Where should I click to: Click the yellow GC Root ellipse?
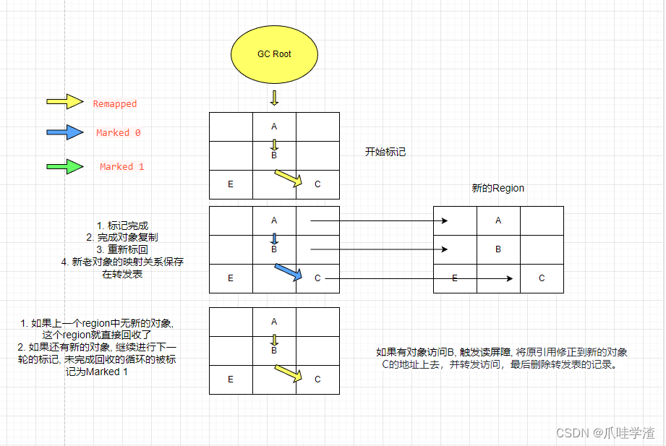click(x=274, y=54)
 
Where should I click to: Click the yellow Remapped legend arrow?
click(x=65, y=102)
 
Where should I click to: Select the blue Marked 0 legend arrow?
click(x=65, y=132)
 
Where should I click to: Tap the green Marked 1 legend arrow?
click(x=65, y=166)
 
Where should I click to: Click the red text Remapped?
click(x=114, y=104)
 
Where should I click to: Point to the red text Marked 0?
click(x=118, y=133)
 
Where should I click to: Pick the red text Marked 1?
click(x=121, y=167)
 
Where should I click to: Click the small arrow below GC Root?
click(x=274, y=98)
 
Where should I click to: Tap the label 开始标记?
click(x=385, y=153)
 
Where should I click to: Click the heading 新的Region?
click(x=498, y=188)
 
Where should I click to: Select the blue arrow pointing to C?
click(x=289, y=273)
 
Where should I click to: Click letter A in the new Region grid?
click(x=498, y=220)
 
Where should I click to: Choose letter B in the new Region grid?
click(x=498, y=249)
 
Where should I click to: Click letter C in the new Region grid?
click(x=542, y=278)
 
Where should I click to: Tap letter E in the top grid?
click(x=231, y=184)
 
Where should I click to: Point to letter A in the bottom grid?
click(x=274, y=322)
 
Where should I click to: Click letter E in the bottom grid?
click(x=231, y=379)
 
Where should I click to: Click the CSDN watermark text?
click(x=605, y=432)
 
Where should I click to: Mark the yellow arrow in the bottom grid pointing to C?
click(x=289, y=374)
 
